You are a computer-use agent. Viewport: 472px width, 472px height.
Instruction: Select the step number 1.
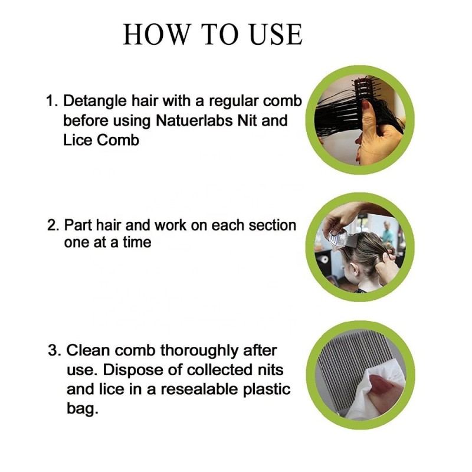tap(50, 101)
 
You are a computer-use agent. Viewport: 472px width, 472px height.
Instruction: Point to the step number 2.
tap(51, 225)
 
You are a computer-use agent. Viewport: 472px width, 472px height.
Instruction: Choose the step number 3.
tap(53, 350)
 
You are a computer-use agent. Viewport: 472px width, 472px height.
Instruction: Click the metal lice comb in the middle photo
tap(340, 238)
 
